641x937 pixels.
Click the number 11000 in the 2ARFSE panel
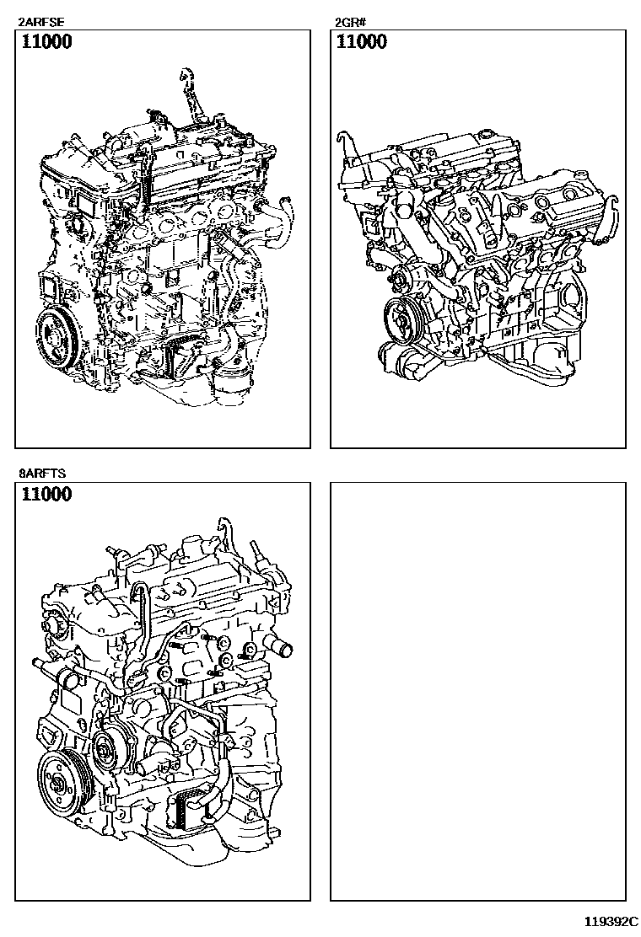(x=46, y=42)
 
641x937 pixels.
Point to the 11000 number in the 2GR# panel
(x=362, y=42)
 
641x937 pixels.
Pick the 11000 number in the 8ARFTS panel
(x=46, y=495)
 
